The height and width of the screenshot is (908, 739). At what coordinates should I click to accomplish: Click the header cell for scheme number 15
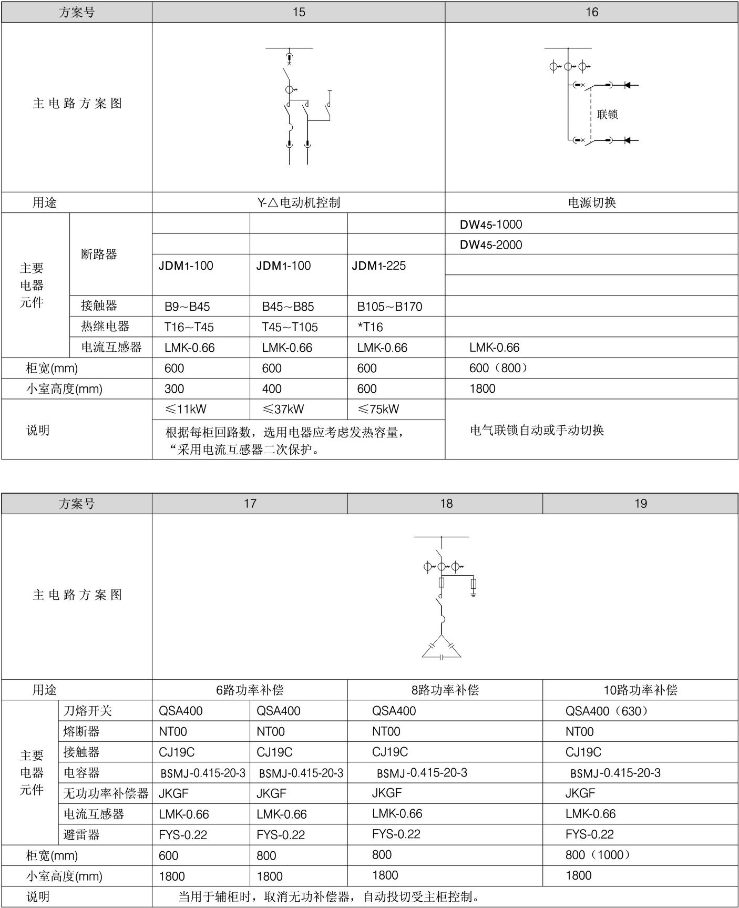tap(299, 12)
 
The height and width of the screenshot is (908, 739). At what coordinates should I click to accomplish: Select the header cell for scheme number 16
tap(592, 12)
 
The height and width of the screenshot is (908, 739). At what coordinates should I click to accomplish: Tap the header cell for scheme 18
tap(446, 503)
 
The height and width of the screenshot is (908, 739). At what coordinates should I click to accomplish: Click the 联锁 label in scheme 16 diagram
tap(607, 114)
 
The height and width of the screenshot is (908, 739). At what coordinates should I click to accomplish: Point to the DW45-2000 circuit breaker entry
tap(491, 244)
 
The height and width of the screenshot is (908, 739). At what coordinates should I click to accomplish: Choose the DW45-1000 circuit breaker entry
tap(491, 225)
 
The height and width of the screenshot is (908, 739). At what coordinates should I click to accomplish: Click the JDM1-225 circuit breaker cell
tap(379, 266)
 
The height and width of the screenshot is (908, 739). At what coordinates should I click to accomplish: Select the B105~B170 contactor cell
tap(389, 307)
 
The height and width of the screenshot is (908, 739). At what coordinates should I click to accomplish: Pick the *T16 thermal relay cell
tap(370, 327)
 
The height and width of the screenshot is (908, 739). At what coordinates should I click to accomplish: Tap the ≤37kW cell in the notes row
tap(283, 409)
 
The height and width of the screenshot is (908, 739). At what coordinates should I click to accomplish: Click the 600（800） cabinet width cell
tap(498, 368)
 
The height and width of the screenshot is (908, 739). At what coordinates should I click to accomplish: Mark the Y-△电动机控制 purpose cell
tap(299, 202)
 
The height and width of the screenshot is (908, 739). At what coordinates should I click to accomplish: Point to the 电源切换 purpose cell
tap(592, 202)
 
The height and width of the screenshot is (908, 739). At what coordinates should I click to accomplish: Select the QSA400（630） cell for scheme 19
tap(607, 711)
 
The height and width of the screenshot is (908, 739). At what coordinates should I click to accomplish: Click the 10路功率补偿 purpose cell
tap(640, 690)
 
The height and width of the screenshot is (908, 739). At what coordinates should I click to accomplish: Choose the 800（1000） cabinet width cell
tap(598, 855)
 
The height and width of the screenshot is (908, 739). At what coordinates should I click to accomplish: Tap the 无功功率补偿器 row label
tap(106, 793)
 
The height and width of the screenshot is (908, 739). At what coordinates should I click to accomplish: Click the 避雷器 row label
tap(81, 834)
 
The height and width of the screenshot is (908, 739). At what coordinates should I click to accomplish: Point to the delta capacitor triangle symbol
tap(442, 648)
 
